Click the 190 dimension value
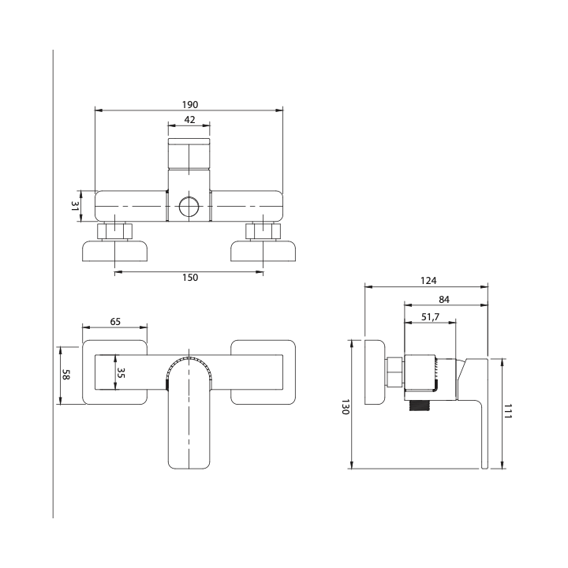pyautogui.click(x=190, y=105)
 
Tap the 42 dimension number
pyautogui.click(x=189, y=120)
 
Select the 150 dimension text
pyautogui.click(x=190, y=278)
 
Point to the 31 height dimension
pyautogui.click(x=75, y=207)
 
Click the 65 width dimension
pyautogui.click(x=115, y=322)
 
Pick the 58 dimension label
pyautogui.click(x=66, y=375)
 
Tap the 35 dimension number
pyautogui.click(x=121, y=372)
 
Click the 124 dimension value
pyautogui.click(x=428, y=281)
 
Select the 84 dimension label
pyautogui.click(x=444, y=300)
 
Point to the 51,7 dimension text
pyautogui.click(x=431, y=317)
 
